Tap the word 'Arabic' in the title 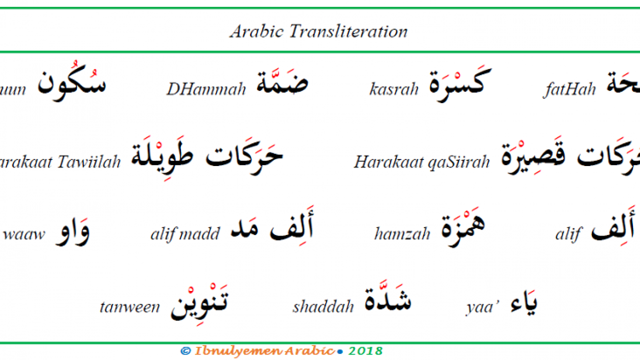(257, 31)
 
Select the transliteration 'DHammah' (206, 89)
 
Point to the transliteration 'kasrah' (394, 89)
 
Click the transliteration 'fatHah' (569, 89)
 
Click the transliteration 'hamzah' (402, 233)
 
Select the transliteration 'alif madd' (185, 233)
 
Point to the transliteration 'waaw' (24, 233)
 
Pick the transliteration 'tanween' (130, 306)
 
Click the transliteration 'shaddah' (323, 306)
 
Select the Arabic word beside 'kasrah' (456, 82)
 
